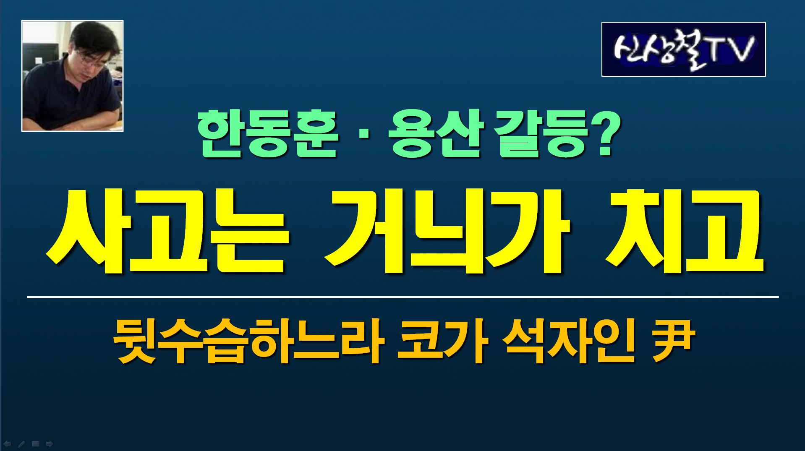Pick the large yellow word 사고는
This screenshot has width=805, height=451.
point(168,232)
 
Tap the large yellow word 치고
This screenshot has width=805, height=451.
point(684,232)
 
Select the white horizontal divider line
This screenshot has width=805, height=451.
point(403,297)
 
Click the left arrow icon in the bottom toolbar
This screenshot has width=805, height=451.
point(7,444)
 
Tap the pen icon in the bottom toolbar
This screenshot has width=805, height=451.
point(21,444)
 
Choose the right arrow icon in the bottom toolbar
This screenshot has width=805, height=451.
point(50,444)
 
